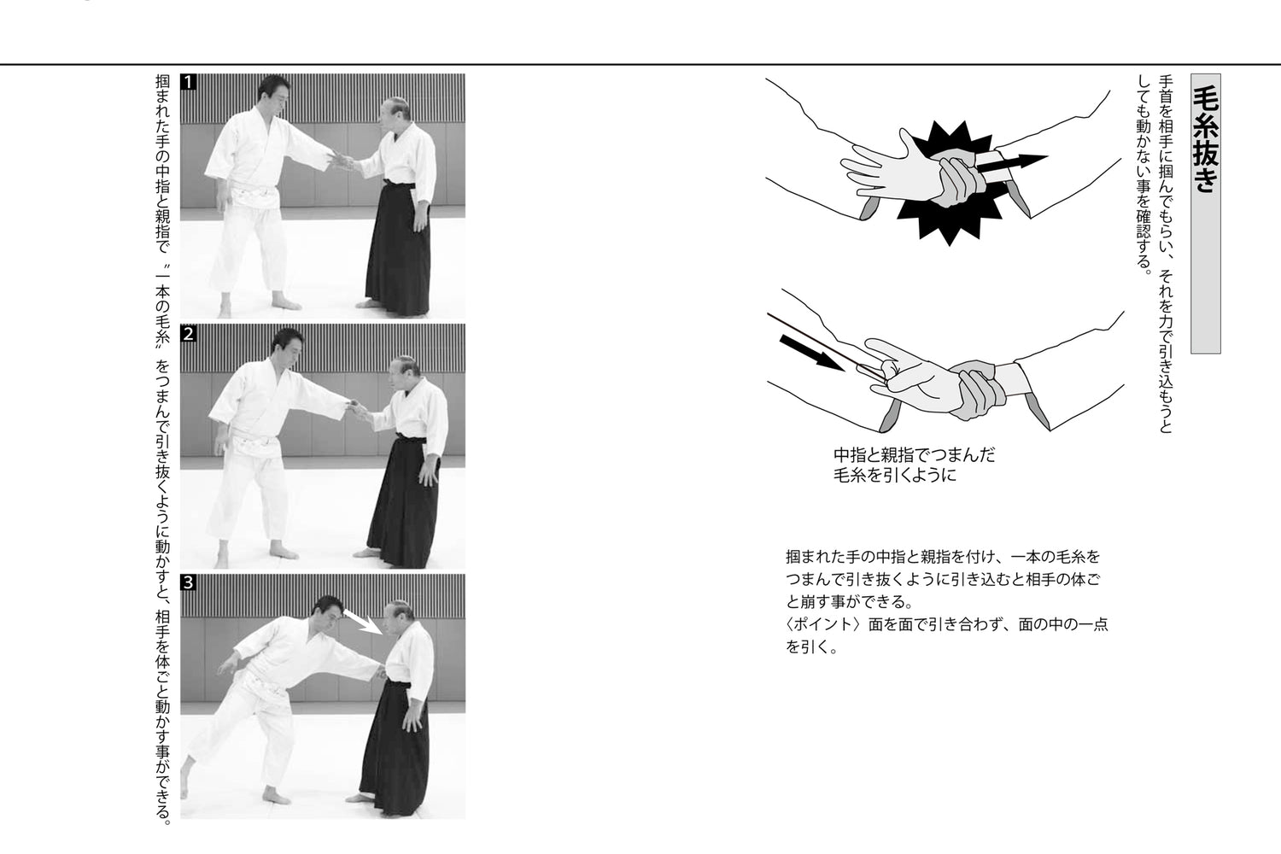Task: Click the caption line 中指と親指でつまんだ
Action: [x=914, y=454]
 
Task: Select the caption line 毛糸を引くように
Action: [x=894, y=476]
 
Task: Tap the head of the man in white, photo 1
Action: [x=274, y=89]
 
